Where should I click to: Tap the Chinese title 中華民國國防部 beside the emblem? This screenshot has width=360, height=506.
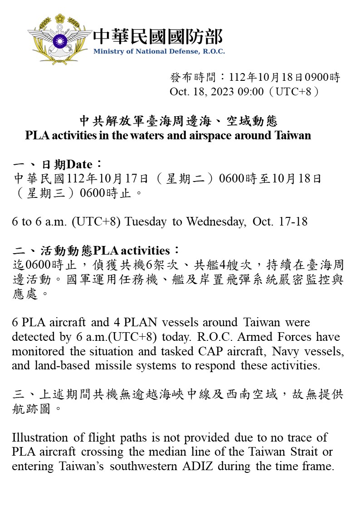coord(158,36)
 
